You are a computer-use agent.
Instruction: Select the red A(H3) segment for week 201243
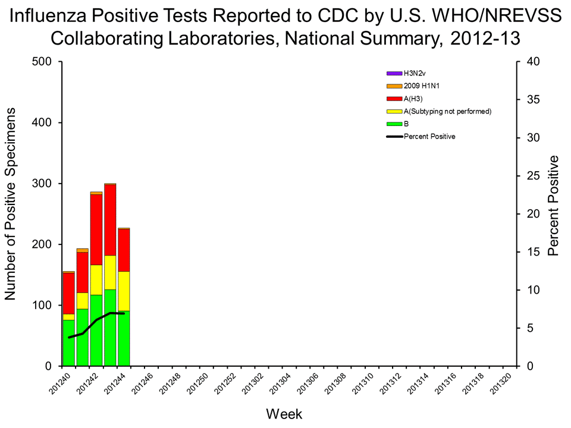pos(110,220)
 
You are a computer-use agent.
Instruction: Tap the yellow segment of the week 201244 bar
pos(124,291)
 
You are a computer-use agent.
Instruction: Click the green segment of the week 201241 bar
pos(83,337)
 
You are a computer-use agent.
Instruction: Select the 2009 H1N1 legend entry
pos(422,86)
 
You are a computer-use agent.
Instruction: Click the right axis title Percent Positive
pos(554,206)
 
